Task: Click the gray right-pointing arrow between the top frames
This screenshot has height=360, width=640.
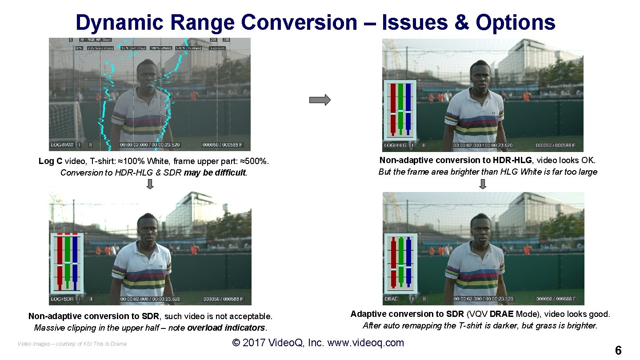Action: (x=320, y=100)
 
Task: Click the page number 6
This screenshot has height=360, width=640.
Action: (x=618, y=350)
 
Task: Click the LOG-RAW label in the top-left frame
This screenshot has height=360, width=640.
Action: (x=62, y=145)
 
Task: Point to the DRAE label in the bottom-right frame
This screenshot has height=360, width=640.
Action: (x=392, y=299)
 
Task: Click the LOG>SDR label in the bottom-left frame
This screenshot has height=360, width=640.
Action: (x=62, y=299)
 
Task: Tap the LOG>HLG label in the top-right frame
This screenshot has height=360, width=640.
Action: (x=395, y=145)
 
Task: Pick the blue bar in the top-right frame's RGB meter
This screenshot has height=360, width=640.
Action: (x=408, y=109)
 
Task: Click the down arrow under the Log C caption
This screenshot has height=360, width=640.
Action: (x=150, y=184)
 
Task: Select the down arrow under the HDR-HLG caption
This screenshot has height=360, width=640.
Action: (x=483, y=184)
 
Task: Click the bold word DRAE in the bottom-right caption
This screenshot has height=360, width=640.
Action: (x=502, y=314)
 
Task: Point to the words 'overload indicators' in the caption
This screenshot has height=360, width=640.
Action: (x=226, y=328)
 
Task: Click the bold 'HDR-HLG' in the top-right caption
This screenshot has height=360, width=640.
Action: (x=511, y=160)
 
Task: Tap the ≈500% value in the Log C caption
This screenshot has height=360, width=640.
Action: (x=255, y=161)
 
